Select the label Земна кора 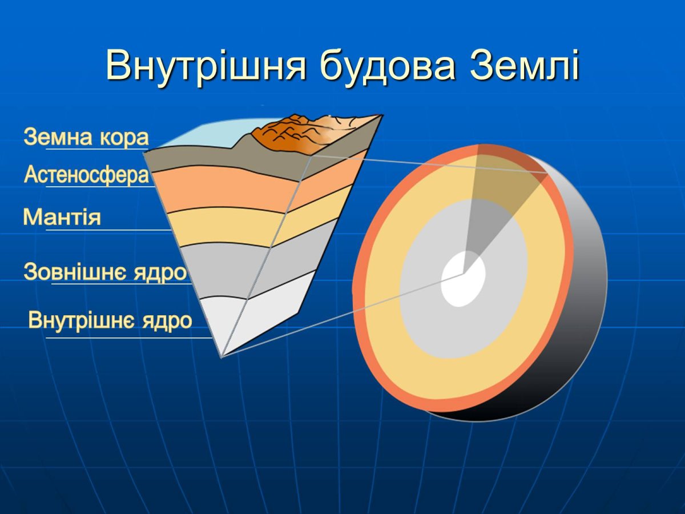(x=86, y=138)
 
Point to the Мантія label (x=62, y=218)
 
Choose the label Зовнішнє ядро (x=106, y=272)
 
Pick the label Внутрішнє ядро (x=110, y=320)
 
